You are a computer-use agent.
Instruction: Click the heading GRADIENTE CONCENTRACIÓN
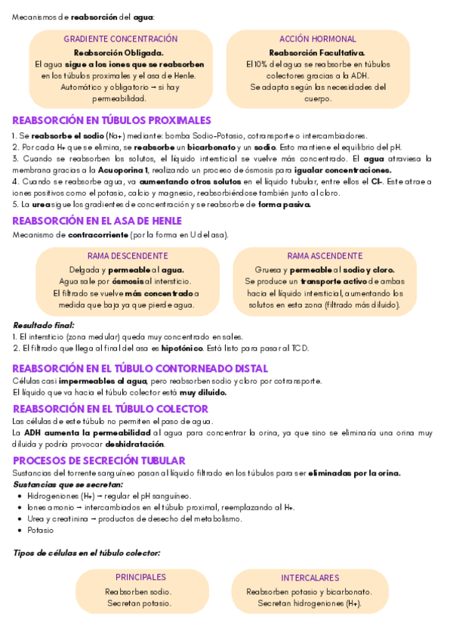click(x=121, y=39)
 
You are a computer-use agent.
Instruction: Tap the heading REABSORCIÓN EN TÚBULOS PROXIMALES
click(x=112, y=120)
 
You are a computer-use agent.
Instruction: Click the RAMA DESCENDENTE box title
click(x=128, y=255)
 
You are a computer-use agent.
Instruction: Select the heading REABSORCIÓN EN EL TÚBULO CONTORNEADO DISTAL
click(x=140, y=368)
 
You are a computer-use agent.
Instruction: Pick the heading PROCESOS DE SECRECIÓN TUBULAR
click(x=99, y=460)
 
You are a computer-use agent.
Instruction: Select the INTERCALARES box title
click(x=310, y=578)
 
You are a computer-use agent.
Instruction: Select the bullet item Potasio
click(x=40, y=531)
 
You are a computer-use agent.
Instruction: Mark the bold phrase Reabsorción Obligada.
click(x=118, y=53)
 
